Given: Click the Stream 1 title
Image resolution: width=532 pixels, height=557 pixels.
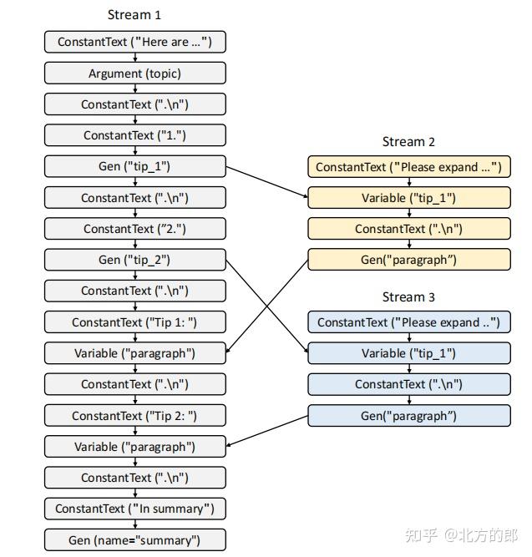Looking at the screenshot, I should (x=134, y=15).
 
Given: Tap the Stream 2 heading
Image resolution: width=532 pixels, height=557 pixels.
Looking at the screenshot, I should (x=408, y=142).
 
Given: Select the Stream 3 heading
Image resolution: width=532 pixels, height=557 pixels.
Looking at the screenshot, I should (x=408, y=297).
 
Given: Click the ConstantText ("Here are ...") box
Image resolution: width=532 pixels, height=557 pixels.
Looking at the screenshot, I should (x=134, y=42).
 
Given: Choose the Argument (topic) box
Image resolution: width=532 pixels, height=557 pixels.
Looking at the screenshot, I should (x=134, y=73).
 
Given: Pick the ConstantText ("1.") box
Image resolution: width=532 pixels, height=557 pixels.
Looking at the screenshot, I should (x=134, y=135).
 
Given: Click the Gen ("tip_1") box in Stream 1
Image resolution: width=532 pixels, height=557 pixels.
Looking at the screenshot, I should (x=134, y=166).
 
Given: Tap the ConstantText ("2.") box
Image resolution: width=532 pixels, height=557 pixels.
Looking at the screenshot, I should (x=134, y=229).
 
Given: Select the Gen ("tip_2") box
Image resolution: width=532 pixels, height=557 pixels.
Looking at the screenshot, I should (x=134, y=260).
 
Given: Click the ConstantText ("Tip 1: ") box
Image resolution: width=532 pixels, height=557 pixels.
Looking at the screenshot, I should (x=134, y=322).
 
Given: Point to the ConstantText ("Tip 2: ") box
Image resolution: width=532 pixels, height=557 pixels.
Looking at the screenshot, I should (x=134, y=416).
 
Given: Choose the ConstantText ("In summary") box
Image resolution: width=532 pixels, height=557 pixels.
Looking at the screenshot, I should (x=134, y=509).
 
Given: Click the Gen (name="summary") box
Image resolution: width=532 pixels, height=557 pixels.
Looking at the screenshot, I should (x=134, y=540).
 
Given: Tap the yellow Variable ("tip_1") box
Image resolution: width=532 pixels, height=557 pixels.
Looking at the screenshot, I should (x=408, y=198).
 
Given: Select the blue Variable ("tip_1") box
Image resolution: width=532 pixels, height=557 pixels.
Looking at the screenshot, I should (x=408, y=353).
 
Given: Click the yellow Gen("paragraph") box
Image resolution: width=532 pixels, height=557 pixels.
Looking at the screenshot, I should (x=408, y=260).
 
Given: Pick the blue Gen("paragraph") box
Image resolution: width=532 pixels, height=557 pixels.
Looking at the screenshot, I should (x=408, y=415).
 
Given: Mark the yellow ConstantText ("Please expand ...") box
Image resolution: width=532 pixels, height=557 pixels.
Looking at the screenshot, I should (x=408, y=167).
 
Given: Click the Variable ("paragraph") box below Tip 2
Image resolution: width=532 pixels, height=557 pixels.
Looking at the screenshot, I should (x=134, y=447).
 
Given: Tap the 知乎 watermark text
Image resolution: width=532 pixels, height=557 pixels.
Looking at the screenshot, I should (x=417, y=534).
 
